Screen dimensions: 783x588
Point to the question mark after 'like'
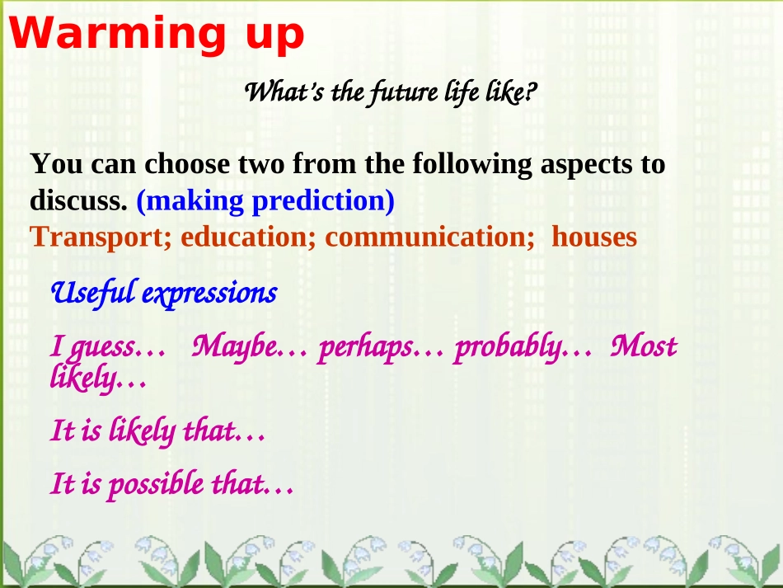pos(532,91)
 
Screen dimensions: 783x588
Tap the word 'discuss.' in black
pos(78,201)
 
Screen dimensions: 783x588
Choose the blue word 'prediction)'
pos(323,202)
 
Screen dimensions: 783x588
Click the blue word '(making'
pos(190,202)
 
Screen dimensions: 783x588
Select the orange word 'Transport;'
pos(101,238)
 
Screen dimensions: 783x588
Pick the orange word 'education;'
pos(248,237)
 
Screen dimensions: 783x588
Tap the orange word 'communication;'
pos(430,237)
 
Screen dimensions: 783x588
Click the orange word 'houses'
pos(594,237)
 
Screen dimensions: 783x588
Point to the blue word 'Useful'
pos(93,293)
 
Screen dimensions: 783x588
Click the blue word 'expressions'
pos(209,294)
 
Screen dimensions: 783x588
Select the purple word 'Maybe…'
pos(250,346)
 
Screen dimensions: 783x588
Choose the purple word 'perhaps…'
pos(381,348)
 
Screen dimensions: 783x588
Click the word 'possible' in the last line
pos(157,485)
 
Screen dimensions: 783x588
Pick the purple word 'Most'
pos(644,346)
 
